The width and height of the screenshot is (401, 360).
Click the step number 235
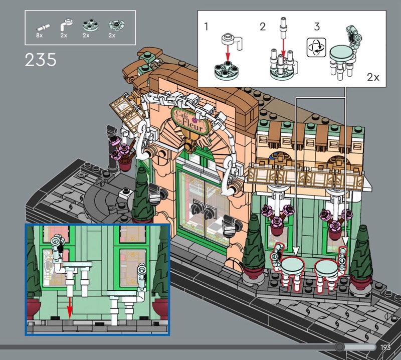pos(41,60)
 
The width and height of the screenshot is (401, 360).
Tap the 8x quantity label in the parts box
pos(40,35)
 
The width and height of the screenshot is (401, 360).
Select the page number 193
pos(385,347)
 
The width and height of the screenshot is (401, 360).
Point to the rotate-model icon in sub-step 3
pos(316,48)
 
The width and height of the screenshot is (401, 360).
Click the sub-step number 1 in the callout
pos(207,27)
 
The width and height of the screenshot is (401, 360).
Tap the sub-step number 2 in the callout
pos(263,27)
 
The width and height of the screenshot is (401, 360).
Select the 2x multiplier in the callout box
pos(373,77)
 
